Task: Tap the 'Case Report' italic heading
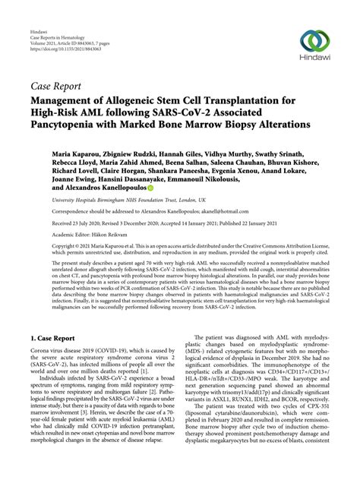56,85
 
